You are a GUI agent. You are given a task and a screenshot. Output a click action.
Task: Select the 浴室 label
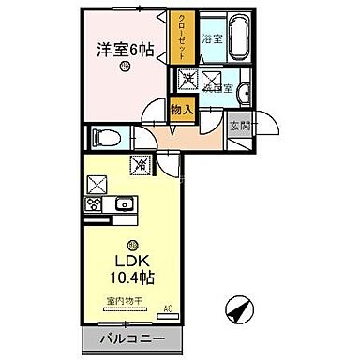pos(211,38)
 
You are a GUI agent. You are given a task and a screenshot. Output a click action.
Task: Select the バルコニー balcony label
pos(130,338)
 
